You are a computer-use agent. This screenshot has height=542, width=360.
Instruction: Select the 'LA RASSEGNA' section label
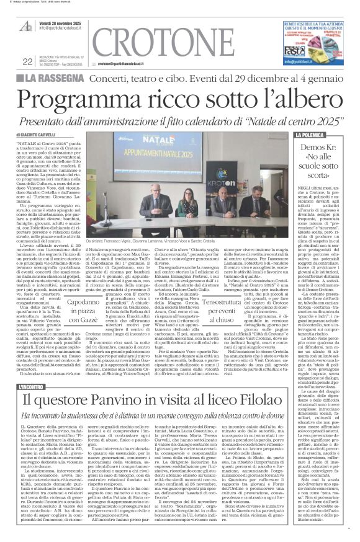[x=63, y=79]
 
